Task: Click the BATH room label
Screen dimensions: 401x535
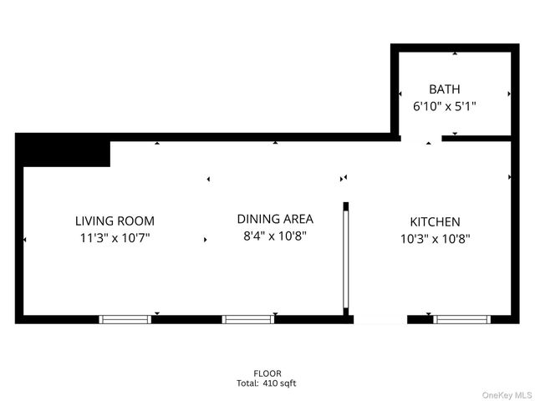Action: [x=445, y=89]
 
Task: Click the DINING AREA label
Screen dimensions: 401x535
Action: [x=275, y=219]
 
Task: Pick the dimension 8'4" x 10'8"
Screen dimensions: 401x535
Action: [x=275, y=236]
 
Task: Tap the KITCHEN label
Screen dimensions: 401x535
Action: [x=435, y=221]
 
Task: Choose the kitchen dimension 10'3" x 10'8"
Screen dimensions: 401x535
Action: [x=435, y=238]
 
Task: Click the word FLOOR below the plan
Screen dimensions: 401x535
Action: [x=267, y=373]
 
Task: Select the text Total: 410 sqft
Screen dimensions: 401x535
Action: [x=267, y=383]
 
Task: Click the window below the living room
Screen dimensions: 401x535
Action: [x=125, y=318]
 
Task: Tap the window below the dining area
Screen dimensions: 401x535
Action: [x=247, y=318]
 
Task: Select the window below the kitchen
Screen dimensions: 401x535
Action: [x=461, y=318]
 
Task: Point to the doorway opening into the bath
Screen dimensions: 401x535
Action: [x=420, y=138]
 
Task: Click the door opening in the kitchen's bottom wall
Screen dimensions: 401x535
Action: [x=380, y=318]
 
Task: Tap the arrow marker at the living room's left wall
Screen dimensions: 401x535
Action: [x=25, y=240]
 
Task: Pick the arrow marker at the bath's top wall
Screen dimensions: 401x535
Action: [x=455, y=53]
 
